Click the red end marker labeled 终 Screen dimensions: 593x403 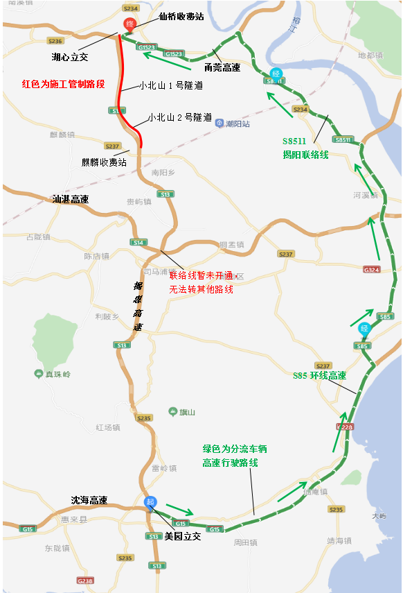pos(129,24)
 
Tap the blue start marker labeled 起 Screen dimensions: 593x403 pos(150,502)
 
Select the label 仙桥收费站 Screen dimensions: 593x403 pos(181,15)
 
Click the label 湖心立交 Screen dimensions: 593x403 pos(70,56)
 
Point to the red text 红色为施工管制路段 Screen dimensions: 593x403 pos(63,84)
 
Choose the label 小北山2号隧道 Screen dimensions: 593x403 pos(179,118)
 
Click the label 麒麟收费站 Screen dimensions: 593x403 pos(104,162)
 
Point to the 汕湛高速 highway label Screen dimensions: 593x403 pos(71,199)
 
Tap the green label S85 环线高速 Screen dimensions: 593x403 pos(319,376)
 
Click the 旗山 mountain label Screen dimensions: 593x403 pos(182,413)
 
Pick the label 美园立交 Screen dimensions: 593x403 pos(182,536)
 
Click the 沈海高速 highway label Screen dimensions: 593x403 pos(89,500)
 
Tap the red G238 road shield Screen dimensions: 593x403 pos(85,581)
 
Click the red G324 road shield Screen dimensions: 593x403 pos(372,269)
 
